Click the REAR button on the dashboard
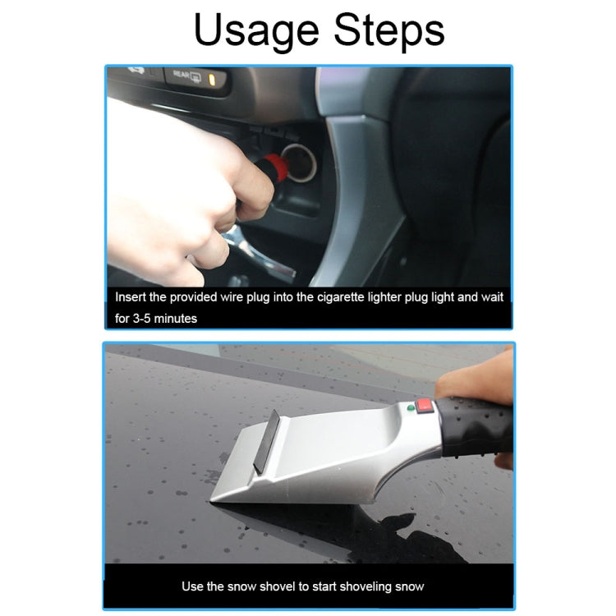coord(186,76)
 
